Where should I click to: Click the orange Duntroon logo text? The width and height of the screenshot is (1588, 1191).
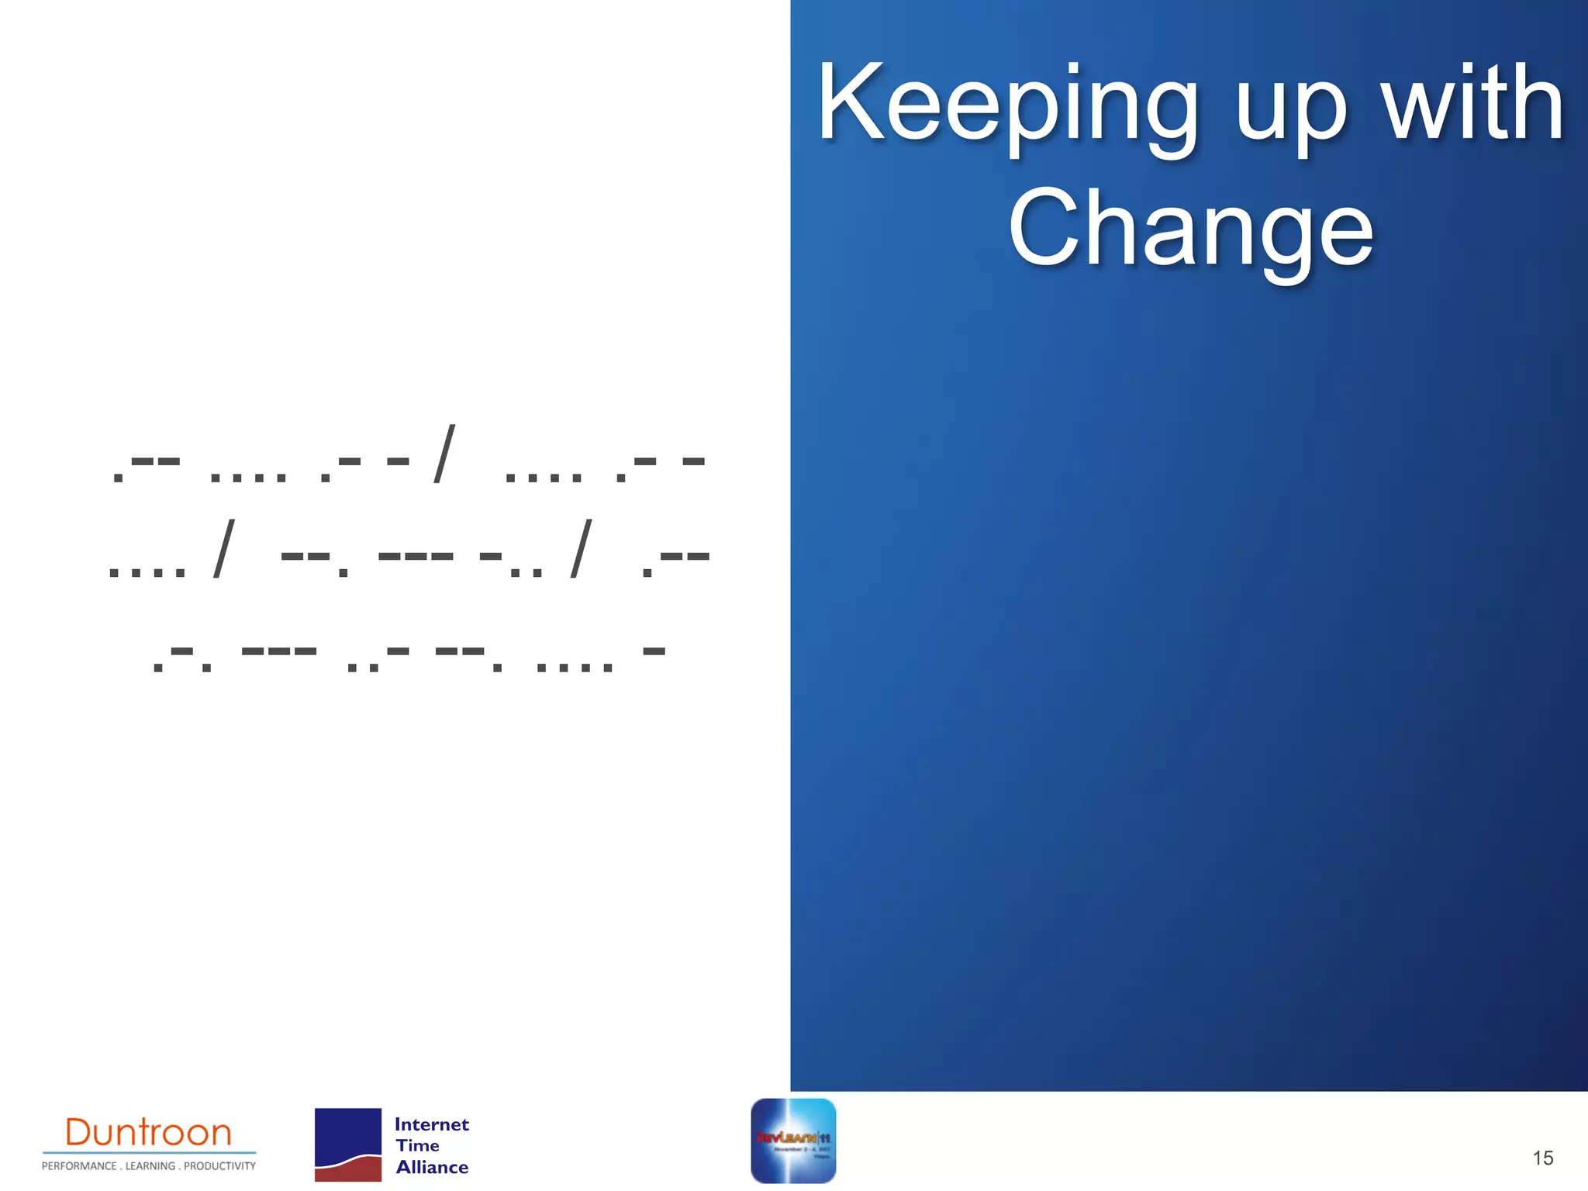(x=148, y=1133)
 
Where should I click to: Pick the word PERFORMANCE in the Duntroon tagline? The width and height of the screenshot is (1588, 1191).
(x=79, y=1166)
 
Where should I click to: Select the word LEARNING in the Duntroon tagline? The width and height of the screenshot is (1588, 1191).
(x=150, y=1166)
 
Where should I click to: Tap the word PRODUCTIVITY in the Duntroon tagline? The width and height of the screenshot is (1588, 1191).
(x=219, y=1166)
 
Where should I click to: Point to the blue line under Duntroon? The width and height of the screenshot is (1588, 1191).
(x=149, y=1153)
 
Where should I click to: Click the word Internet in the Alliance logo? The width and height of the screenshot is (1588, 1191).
(x=431, y=1124)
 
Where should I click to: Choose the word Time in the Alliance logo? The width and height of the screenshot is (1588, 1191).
(x=417, y=1145)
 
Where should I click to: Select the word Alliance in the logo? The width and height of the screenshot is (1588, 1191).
(x=432, y=1167)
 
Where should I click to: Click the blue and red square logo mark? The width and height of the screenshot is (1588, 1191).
(x=348, y=1144)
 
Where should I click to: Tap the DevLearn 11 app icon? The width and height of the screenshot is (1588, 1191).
(x=793, y=1141)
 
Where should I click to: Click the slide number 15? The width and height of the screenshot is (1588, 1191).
(x=1542, y=1158)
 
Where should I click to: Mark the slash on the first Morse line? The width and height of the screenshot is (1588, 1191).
(x=444, y=454)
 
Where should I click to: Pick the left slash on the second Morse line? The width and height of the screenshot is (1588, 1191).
(x=223, y=549)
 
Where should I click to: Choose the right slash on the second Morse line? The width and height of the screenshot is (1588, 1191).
(x=581, y=549)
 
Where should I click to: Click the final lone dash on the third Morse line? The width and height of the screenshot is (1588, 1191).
(x=654, y=651)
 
